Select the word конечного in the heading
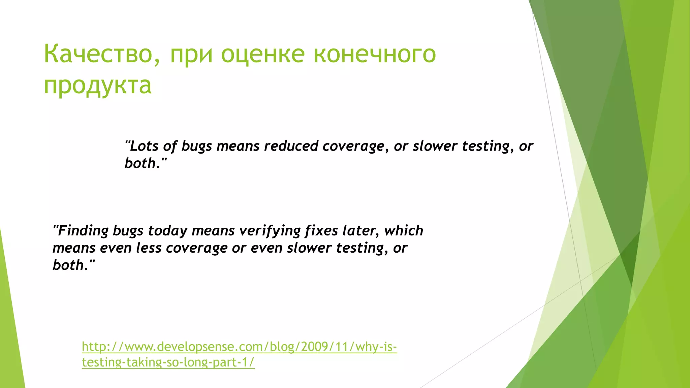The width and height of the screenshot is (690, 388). [x=375, y=54]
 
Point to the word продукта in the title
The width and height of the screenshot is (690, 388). [x=98, y=86]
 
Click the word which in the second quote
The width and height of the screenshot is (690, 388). [x=404, y=231]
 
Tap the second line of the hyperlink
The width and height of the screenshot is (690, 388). [x=168, y=362]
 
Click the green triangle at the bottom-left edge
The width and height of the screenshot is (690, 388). [x=12, y=337]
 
